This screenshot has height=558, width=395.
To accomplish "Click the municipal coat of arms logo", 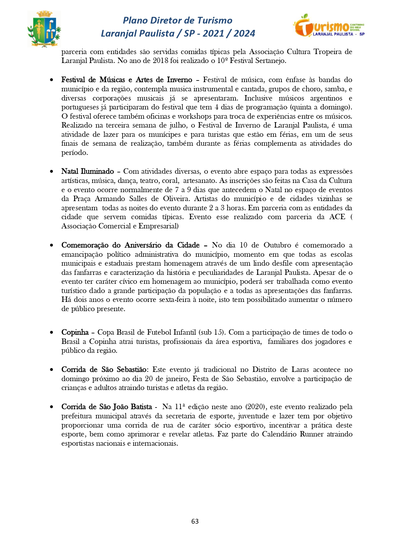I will [x=44, y=29].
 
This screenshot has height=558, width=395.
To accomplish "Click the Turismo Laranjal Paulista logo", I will [x=329, y=25].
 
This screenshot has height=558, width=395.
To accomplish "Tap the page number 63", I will [x=195, y=521].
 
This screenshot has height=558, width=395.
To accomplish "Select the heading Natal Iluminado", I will [x=88, y=171].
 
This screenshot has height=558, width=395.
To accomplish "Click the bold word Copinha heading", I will [x=75, y=332].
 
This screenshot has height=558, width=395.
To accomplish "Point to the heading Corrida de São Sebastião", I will [x=104, y=370].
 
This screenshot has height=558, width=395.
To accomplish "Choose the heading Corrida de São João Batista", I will [x=107, y=407].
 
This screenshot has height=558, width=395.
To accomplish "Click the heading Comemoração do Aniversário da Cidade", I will [x=130, y=245].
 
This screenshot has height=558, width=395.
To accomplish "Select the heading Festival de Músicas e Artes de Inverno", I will [x=127, y=80].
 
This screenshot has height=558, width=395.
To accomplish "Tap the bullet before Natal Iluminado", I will [x=52, y=171].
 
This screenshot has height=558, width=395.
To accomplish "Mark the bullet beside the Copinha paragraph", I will [x=52, y=332].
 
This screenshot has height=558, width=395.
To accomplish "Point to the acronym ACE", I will [x=337, y=217].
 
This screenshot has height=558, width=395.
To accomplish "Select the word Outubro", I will [x=277, y=245].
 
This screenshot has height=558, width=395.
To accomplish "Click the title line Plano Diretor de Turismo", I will [x=178, y=20].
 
